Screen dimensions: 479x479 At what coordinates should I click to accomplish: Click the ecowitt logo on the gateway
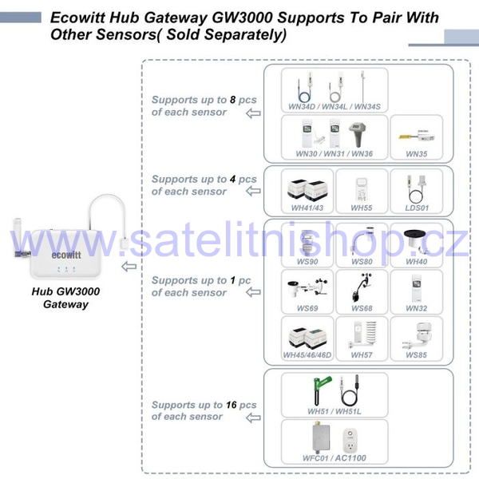pos(66,255)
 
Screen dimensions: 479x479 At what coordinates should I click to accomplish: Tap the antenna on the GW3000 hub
pos(18,236)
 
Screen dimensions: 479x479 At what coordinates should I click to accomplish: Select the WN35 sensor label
pos(417,153)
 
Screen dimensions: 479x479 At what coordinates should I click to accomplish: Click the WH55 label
pos(362,208)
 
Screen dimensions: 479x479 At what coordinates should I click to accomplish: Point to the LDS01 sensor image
pos(417,188)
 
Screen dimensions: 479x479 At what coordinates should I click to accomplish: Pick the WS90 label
pos(307,262)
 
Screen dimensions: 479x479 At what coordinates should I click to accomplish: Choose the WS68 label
pos(362,308)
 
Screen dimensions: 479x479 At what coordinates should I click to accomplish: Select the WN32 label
pos(417,308)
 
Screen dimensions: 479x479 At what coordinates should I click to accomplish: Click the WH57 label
pos(362,355)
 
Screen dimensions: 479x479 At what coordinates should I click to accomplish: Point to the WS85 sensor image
pos(417,337)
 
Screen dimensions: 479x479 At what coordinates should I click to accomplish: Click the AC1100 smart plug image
pos(350,441)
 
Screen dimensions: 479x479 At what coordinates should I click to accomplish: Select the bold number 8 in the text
pos(233,100)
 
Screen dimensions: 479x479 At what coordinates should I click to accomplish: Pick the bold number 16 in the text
pos(232,405)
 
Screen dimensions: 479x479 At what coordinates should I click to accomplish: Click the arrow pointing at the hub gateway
pos(129,267)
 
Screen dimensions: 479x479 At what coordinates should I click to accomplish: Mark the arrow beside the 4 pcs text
pos(253,192)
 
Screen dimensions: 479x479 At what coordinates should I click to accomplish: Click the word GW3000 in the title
pos(242,18)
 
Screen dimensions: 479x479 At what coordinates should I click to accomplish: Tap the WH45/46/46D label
pos(307,355)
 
